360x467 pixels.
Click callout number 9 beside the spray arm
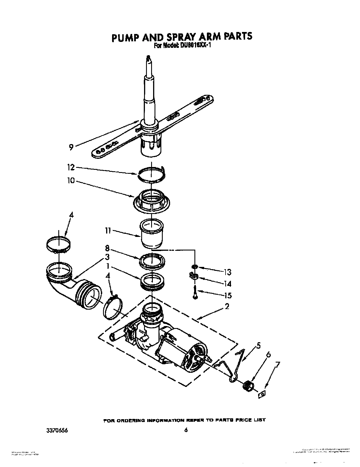coord(71,147)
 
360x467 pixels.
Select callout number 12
coord(71,168)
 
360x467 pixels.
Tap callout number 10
coord(71,180)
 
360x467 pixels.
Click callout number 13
coord(227,272)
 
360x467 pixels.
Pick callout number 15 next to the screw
coord(227,295)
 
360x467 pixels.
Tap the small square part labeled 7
coord(262,394)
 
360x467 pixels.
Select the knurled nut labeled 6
coord(248,385)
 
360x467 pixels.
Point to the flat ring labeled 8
coord(152,260)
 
